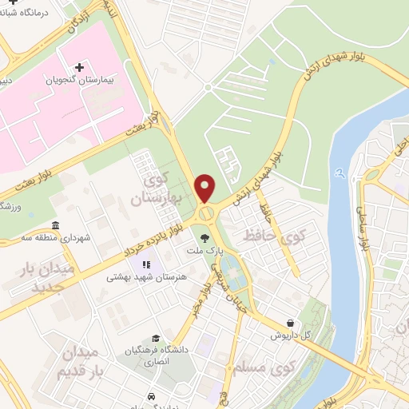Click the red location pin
click(206, 189)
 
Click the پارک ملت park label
click(204, 250)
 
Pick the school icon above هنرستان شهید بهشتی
click(145, 264)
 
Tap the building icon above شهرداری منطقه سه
click(54, 226)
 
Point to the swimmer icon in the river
click(341, 172)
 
